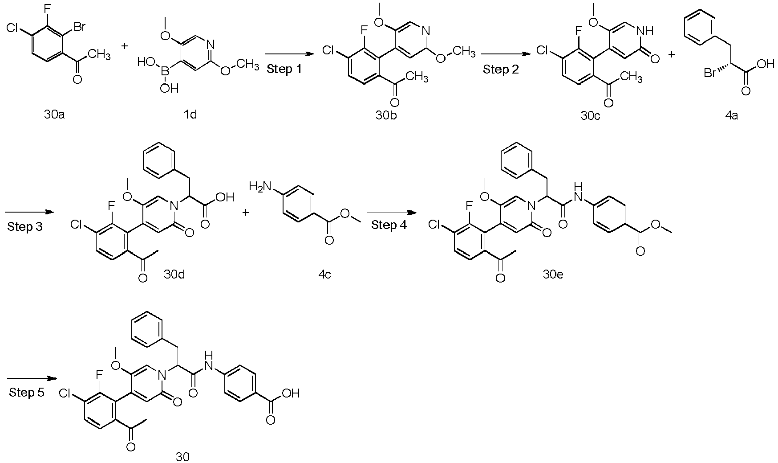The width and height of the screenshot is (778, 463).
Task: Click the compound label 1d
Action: point(190,115)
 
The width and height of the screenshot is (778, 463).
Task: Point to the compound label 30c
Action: point(591,115)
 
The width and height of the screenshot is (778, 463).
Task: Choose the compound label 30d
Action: point(174,274)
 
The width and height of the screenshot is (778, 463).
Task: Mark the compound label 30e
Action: point(553,274)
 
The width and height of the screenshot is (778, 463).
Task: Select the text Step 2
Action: point(501,70)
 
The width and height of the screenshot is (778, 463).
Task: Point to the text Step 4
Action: point(389,225)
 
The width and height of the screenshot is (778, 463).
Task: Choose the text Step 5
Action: point(26,393)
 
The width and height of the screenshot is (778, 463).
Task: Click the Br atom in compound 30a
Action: point(79,28)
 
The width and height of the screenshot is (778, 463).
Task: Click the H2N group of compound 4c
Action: point(259,186)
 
